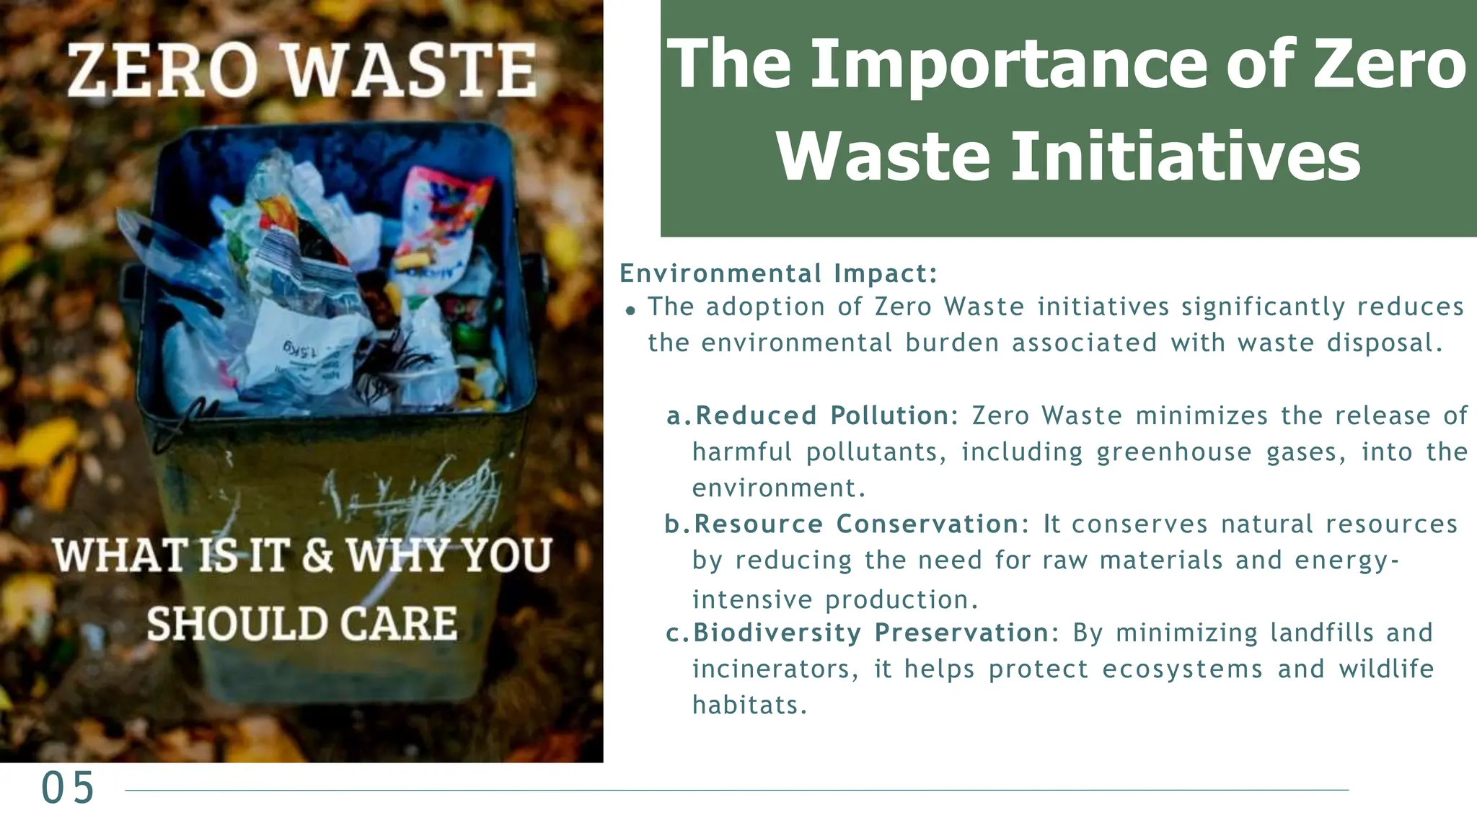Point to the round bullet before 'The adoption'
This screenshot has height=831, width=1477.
click(x=631, y=311)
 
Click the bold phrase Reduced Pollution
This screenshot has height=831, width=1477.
click(x=822, y=415)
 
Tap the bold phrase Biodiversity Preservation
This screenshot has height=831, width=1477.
click(x=872, y=633)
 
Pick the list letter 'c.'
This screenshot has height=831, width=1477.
click(x=677, y=633)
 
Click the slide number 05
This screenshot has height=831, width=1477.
click(x=68, y=787)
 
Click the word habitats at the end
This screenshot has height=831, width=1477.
click(x=749, y=705)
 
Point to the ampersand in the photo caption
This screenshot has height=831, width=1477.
click(x=317, y=555)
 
